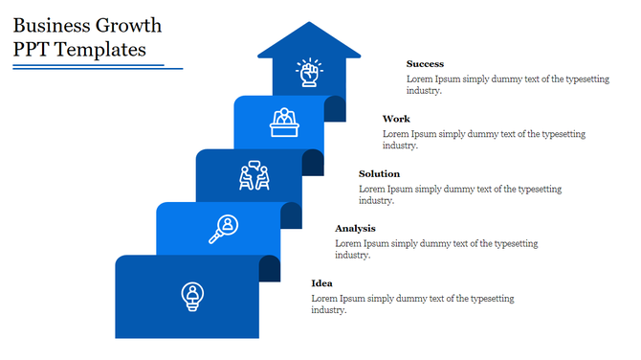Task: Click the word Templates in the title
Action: click(98, 49)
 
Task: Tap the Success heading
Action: click(425, 64)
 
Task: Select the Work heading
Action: click(396, 119)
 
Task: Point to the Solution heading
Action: click(379, 173)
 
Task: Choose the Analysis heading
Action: click(355, 228)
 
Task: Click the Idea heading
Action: click(322, 283)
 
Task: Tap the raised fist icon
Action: click(308, 73)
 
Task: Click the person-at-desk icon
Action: click(283, 122)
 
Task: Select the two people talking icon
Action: click(254, 176)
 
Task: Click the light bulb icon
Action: click(193, 296)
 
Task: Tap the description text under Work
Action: click(483, 140)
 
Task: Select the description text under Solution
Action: click(459, 194)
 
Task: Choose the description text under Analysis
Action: click(435, 249)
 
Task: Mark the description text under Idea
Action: click(411, 304)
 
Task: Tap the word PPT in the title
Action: click(33, 49)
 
